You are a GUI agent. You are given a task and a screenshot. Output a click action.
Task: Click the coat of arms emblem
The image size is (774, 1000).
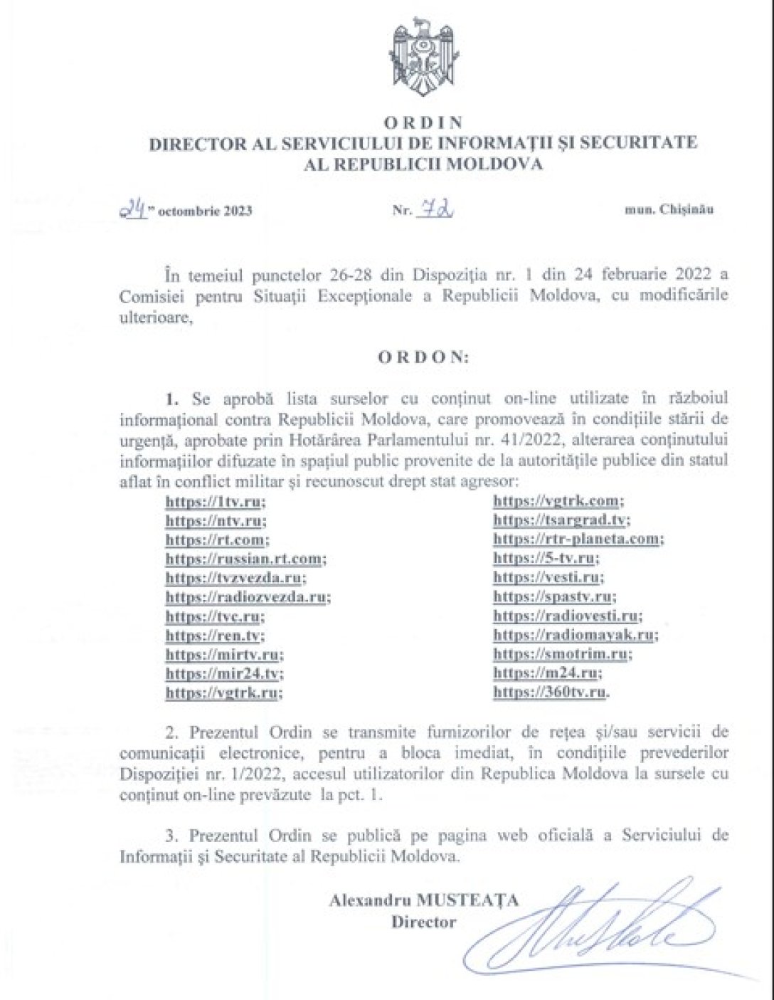tap(423, 58)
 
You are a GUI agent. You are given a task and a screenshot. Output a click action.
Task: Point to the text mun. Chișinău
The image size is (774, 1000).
tap(669, 209)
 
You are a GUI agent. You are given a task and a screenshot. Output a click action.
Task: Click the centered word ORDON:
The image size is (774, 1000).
tap(423, 357)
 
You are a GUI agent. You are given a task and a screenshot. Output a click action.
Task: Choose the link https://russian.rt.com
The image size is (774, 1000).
tap(244, 559)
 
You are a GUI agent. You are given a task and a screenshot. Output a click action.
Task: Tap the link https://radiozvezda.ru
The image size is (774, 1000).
tap(246, 597)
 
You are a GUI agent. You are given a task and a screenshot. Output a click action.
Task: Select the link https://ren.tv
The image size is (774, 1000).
tap(213, 636)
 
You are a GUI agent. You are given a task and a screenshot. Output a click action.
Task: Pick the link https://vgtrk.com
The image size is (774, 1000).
tap(557, 502)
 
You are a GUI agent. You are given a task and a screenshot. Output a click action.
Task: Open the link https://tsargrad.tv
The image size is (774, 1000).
tap(560, 520)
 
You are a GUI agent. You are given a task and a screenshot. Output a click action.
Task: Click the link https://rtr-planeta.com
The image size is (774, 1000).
tap(577, 539)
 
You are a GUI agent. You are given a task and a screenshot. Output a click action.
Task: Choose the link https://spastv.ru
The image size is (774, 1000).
tap(553, 596)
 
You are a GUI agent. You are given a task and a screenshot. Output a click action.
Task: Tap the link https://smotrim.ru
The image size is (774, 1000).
tap(561, 653)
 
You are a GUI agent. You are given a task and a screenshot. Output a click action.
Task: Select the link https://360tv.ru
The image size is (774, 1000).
tap(551, 692)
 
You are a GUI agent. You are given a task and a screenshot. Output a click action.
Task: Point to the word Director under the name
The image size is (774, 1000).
tap(423, 922)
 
